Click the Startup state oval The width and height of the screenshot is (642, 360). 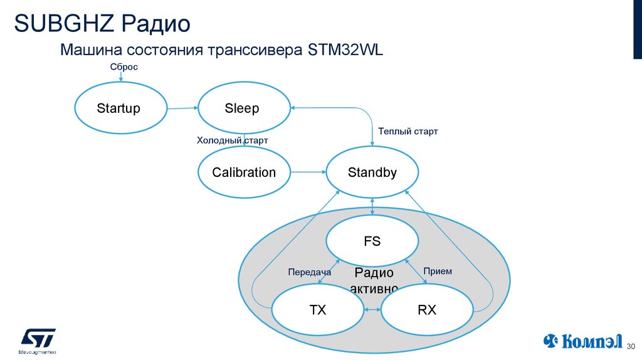coord(119,109)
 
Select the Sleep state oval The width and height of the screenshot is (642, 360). coord(244,109)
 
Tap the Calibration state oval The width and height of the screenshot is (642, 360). coord(244,172)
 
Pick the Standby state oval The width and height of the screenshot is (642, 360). coord(372,172)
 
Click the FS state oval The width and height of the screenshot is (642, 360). coord(372,241)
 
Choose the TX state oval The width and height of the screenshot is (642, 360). coord(318,310)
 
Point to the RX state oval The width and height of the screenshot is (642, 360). coord(427,310)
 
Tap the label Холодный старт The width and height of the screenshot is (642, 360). coord(233,140)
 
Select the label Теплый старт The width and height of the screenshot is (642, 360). coord(408,132)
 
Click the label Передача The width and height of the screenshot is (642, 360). coord(309,272)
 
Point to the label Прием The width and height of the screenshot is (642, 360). coord(438,272)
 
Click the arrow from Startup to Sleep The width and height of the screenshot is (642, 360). coord(182,109)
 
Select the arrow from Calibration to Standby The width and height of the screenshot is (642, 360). coord(308,172)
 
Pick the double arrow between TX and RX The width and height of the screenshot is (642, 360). coord(372,310)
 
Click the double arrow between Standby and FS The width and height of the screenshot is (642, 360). coord(372,206)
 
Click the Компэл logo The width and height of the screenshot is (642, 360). coord(582,341)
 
